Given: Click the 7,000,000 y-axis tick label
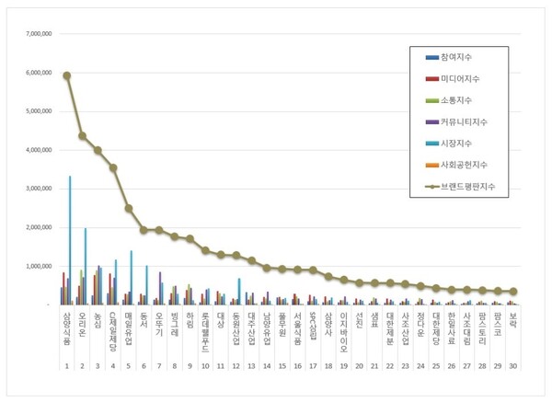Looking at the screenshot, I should point(34,35).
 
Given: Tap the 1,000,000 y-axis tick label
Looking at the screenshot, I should point(34,266).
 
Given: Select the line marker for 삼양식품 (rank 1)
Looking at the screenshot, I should point(66,75).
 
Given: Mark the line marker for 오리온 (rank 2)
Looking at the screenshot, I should point(82,136).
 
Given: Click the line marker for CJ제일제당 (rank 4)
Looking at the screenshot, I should point(113,167).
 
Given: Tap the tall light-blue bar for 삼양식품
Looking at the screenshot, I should point(70,239).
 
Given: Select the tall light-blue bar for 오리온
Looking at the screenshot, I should point(86,267).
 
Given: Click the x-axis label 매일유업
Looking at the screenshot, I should point(129,328).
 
